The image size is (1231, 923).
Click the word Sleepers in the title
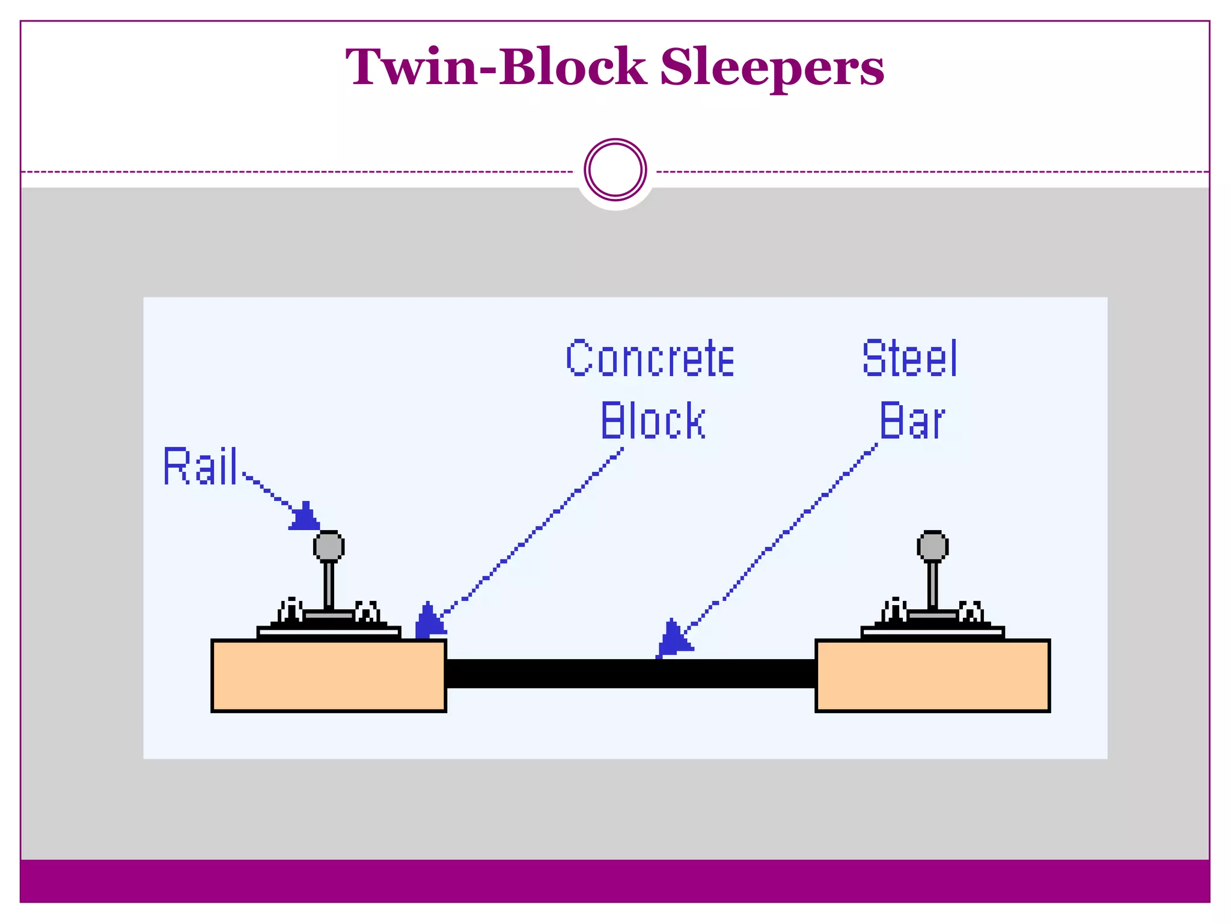coord(772,67)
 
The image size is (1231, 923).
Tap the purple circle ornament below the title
coord(615,170)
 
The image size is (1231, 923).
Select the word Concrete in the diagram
coord(650,359)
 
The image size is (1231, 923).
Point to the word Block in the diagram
coord(653,421)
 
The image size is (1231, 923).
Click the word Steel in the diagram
coord(909,359)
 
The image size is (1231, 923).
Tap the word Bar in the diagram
coord(911,421)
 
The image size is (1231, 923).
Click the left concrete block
coord(329,675)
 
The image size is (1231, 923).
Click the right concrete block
coord(932,675)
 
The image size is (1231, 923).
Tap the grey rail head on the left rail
coord(329,546)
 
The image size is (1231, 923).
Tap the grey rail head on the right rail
coord(932,546)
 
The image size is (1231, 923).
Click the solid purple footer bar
coord(615,881)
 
